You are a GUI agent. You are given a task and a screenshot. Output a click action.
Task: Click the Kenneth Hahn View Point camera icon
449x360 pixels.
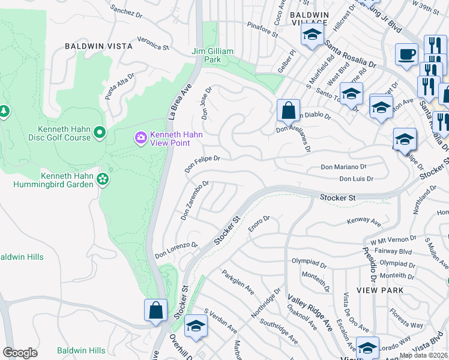pos(141,139)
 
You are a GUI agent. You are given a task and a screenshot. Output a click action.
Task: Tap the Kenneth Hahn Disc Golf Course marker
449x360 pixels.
pos(100,131)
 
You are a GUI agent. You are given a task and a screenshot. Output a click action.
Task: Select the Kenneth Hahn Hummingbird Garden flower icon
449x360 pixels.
pos(103,179)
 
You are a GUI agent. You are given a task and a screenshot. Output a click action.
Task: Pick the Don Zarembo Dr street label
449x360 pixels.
pos(194,200)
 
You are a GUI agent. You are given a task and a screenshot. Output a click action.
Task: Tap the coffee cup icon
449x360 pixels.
pos(406,55)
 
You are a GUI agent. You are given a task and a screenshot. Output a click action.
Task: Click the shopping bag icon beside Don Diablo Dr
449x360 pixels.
pos(288,110)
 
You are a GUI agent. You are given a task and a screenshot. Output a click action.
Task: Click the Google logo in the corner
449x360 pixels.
pos(20,352)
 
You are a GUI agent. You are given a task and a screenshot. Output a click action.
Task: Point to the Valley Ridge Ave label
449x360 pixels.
pos(310,312)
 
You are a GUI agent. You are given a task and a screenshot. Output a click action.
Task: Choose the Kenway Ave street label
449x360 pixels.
pos(364,223)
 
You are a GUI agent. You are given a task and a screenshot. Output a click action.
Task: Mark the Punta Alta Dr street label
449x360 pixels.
pos(119,86)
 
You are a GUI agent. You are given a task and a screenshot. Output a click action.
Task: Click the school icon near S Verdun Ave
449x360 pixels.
pos(196,326)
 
